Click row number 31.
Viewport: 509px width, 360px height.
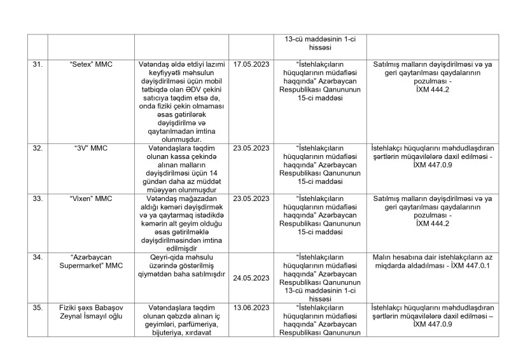tap(38, 64)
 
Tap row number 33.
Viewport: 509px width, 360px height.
tap(38, 199)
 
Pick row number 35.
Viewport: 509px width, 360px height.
tap(38, 307)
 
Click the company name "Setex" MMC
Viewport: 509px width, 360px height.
tap(90, 64)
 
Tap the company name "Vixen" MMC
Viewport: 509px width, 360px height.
tap(90, 199)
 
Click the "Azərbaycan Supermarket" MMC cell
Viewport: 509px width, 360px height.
tap(90, 261)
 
